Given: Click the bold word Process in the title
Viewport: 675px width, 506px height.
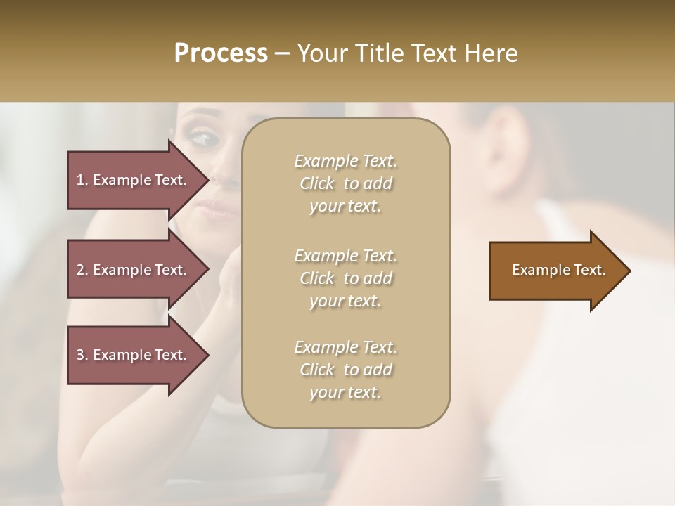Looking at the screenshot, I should click(x=221, y=53).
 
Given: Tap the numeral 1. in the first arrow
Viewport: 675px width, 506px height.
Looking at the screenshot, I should click(x=82, y=180).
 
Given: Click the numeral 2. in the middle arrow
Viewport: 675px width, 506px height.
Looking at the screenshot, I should click(x=82, y=270).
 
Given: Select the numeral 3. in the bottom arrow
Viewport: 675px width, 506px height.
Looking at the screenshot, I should click(x=82, y=355).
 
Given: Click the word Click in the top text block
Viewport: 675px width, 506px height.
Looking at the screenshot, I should click(x=317, y=183).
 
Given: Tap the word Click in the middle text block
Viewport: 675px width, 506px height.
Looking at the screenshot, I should click(x=317, y=278).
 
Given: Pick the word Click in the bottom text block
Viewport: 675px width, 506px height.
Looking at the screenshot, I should click(x=317, y=370).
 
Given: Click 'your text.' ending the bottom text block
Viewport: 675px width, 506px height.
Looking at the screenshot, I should click(x=345, y=393).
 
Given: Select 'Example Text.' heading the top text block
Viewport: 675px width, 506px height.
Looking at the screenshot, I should click(x=345, y=161).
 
